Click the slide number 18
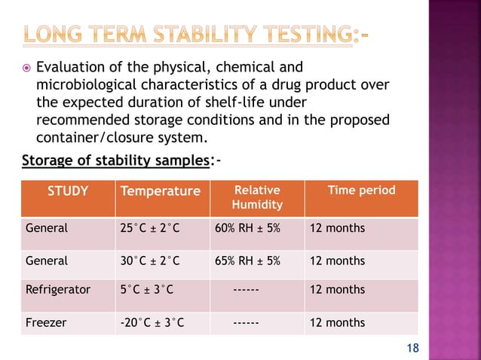tap(412, 347)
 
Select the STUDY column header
tap(68, 191)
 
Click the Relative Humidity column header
tap(256, 197)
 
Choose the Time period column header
tap(360, 191)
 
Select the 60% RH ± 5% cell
tap(247, 228)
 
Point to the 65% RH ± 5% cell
tap(247, 261)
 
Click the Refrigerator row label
tap(57, 290)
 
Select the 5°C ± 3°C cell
tap(146, 290)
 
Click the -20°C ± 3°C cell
tap(152, 323)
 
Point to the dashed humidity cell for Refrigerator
tap(247, 290)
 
